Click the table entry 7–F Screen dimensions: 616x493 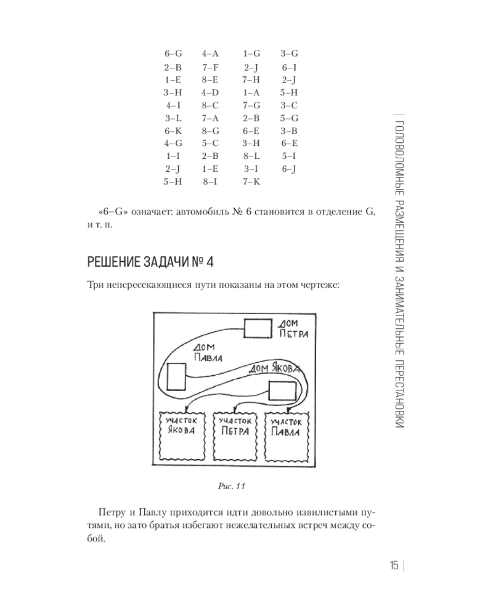pyautogui.click(x=211, y=67)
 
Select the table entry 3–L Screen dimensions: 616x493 pyautogui.click(x=173, y=118)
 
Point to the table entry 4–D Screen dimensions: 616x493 pyautogui.click(x=211, y=92)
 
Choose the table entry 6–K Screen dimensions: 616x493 pyautogui.click(x=173, y=131)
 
